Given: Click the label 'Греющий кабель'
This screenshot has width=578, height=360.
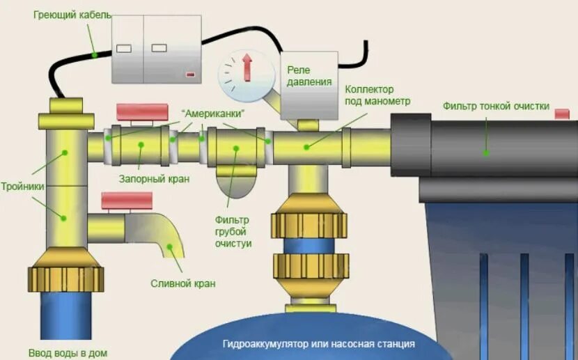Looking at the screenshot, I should point(72,15).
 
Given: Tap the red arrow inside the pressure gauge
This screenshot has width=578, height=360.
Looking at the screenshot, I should point(246,69).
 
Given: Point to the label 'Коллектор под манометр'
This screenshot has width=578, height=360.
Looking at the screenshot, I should point(378,95).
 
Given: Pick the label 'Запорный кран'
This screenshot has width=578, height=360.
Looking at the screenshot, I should point(163,179).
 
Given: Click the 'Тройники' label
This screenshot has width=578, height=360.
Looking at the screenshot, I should point(23,187).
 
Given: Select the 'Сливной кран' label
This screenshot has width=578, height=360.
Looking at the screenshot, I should point(183,283).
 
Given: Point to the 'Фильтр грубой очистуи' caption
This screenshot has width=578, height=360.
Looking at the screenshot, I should point(233,232).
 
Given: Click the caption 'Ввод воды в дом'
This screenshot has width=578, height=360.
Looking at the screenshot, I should point(68,353).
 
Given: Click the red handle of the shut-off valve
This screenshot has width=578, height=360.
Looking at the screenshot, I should point(142,111).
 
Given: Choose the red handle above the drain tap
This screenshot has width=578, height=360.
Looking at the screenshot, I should point(127,201).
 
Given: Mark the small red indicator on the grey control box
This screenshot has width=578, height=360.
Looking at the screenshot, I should point(190,74).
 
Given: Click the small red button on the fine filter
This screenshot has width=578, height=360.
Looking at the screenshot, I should point(561,114).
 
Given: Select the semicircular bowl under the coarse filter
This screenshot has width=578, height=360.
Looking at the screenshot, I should point(235,185).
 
